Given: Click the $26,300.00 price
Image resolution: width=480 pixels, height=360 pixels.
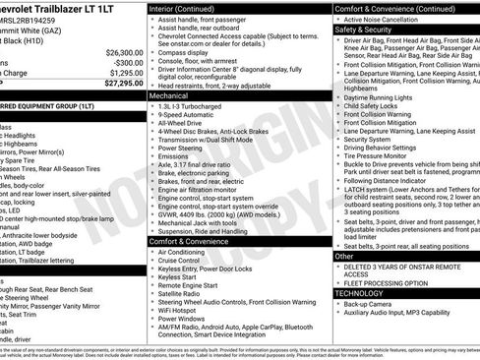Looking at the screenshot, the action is click(x=120, y=52).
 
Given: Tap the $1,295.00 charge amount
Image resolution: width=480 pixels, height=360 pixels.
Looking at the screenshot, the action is click(x=122, y=73).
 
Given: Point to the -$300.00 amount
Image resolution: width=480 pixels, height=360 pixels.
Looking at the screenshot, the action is click(x=124, y=62).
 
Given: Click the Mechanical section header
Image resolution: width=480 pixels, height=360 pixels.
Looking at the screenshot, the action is click(x=171, y=97).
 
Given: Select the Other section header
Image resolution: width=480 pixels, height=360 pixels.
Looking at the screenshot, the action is click(x=344, y=256).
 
